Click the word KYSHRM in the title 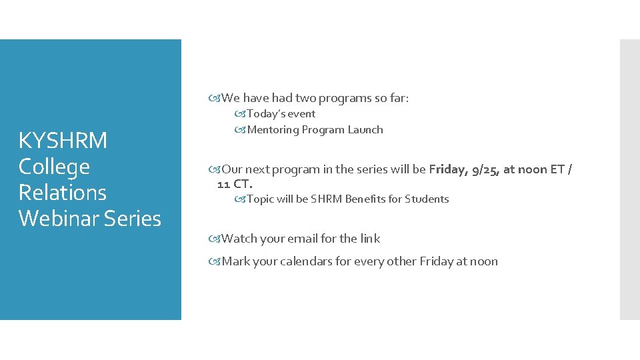[x=63, y=141]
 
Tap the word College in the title [x=54, y=167]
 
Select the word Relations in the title [x=63, y=193]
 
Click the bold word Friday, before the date [x=449, y=169]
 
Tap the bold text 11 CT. [x=235, y=183]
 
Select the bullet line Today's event [x=281, y=114]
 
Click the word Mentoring [x=273, y=130]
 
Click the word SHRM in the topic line [x=326, y=199]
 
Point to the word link [x=370, y=239]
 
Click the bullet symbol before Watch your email [x=214, y=239]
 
